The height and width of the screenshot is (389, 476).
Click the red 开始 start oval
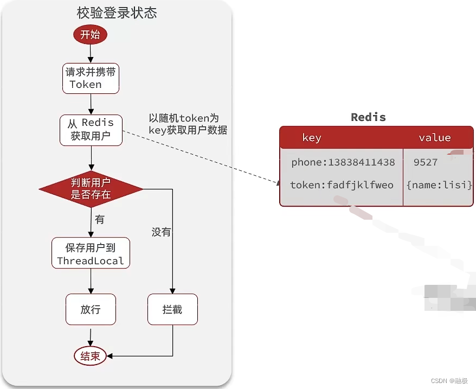pyautogui.click(x=90, y=34)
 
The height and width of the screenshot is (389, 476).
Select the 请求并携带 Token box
pyautogui.click(x=91, y=79)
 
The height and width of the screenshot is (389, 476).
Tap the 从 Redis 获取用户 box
pyautogui.click(x=91, y=130)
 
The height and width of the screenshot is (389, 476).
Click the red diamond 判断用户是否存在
pyautogui.click(x=91, y=189)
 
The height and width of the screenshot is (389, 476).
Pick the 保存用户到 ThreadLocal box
pyautogui.click(x=91, y=253)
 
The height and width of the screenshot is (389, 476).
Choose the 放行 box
pyautogui.click(x=91, y=309)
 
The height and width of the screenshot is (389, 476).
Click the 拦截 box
pyautogui.click(x=172, y=309)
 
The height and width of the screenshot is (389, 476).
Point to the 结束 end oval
pyautogui.click(x=90, y=356)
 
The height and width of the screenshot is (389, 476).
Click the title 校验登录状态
pyautogui.click(x=117, y=13)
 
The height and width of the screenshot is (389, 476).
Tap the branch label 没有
pyautogui.click(x=161, y=232)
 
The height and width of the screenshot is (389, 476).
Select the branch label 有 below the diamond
pyautogui.click(x=100, y=219)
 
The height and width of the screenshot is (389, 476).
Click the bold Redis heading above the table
pyautogui.click(x=368, y=117)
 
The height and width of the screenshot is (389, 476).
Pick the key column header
pyautogui.click(x=312, y=138)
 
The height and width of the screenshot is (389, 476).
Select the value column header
pyautogui.click(x=435, y=138)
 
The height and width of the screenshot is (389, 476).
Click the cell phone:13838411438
pyautogui.click(x=343, y=162)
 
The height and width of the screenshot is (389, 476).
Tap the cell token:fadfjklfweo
pyautogui.click(x=342, y=185)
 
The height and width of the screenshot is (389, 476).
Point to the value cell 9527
pyautogui.click(x=426, y=162)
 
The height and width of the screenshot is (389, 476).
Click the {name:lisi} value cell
pyautogui.click(x=439, y=185)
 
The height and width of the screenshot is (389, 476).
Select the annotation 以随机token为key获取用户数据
pyautogui.click(x=188, y=124)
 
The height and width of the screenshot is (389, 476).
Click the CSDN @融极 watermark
pyautogui.click(x=449, y=381)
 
